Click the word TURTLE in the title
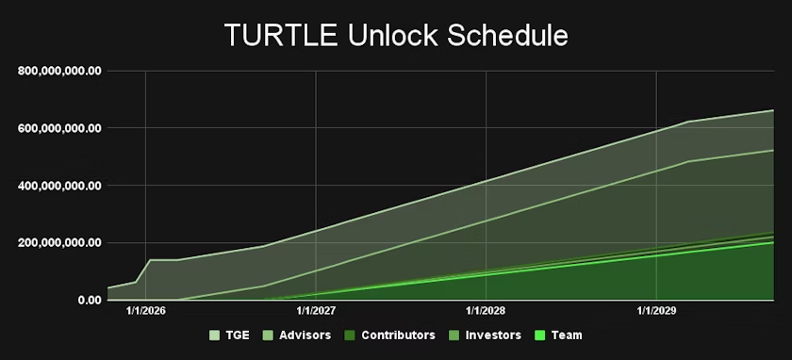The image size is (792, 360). point(281,36)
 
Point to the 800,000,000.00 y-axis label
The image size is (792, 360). point(59,71)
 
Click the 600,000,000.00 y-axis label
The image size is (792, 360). point(59,128)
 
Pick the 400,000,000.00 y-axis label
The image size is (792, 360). point(59,186)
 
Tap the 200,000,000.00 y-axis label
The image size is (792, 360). point(59,243)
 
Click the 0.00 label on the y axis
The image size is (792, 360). point(90,301)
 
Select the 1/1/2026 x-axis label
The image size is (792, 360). point(145,311)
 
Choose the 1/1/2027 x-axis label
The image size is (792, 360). point(316,311)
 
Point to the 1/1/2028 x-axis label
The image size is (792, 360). point(486,311)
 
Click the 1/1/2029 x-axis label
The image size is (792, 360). point(656,311)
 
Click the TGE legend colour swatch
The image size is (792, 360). point(215,335)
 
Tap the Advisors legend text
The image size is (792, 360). point(305,335)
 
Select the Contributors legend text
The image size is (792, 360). point(398,335)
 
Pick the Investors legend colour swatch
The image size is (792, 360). point(454,335)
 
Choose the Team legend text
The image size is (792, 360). point(567,335)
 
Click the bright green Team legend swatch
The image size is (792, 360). point(539,335)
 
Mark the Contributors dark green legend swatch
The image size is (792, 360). point(350,335)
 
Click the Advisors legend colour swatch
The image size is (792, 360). point(268,335)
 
